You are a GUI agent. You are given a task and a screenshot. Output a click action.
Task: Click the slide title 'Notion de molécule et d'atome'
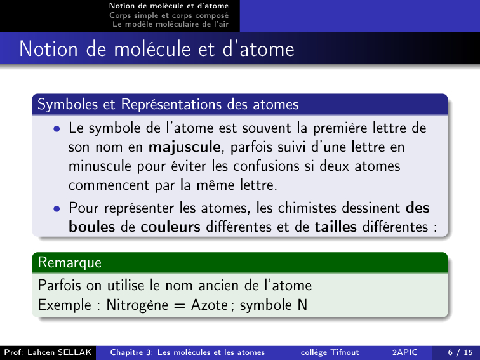[x=157, y=49]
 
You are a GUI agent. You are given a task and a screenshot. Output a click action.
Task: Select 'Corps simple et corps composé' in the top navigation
[x=169, y=15]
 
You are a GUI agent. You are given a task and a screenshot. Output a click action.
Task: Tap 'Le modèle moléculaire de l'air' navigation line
[x=171, y=24]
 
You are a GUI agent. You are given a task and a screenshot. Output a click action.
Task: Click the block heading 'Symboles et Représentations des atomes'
[x=168, y=104]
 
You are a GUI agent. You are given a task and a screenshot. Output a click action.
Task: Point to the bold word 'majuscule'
[x=185, y=147]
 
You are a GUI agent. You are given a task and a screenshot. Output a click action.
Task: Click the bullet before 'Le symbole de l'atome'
[x=57, y=129]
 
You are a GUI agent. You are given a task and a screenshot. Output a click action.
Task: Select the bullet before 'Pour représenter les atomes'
[x=57, y=209]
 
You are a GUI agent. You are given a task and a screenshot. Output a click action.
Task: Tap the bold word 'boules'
[x=92, y=227]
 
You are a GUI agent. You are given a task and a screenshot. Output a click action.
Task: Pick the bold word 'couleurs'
[x=171, y=227]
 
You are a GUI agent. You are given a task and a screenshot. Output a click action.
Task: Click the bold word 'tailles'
[x=336, y=227]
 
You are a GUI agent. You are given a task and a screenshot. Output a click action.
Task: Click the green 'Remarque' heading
[x=69, y=263]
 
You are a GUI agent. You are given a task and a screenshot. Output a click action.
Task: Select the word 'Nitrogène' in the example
[x=137, y=305]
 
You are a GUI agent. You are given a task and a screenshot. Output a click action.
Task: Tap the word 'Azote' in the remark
[x=210, y=305]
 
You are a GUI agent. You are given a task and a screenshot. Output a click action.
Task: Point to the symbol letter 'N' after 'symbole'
[x=302, y=305]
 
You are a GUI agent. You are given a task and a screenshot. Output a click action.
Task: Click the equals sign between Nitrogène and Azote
[x=180, y=306]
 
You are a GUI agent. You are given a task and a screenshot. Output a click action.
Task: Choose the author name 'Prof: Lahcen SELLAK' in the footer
[x=48, y=352]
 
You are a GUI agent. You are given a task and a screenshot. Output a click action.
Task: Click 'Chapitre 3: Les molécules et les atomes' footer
[x=187, y=352]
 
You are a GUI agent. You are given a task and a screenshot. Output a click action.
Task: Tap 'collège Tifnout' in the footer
[x=330, y=352]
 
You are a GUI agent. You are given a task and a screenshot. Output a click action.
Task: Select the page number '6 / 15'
[x=460, y=352]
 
